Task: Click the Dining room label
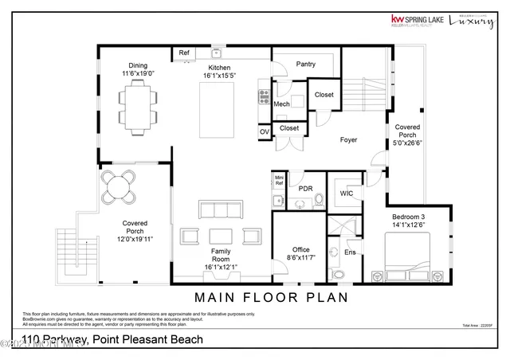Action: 138,65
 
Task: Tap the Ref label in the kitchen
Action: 184,53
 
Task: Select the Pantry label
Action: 305,65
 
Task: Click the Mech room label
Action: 281,104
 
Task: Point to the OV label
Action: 264,131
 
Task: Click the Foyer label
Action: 348,139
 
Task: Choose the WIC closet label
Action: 347,193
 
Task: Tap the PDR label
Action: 305,189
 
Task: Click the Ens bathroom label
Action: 349,252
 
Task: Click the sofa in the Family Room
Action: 220,209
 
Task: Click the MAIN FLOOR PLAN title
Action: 272,298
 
